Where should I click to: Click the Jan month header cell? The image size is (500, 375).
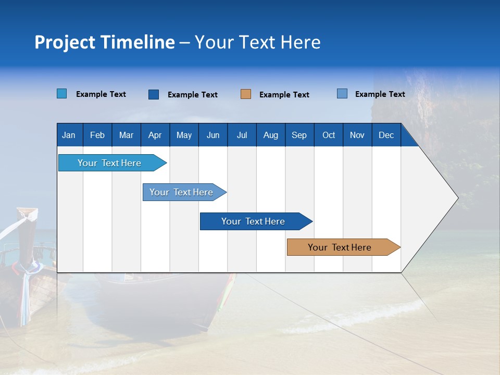pyautogui.click(x=69, y=135)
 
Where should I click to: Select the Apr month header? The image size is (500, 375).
pyautogui.click(x=155, y=135)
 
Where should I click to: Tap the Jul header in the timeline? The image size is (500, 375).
pyautogui.click(x=242, y=135)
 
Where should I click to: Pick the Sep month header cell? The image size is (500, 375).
pyautogui.click(x=299, y=135)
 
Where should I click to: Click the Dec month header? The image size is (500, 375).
pyautogui.click(x=386, y=135)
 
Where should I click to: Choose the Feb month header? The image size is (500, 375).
pyautogui.click(x=97, y=135)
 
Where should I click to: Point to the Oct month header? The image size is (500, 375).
pyautogui.click(x=329, y=135)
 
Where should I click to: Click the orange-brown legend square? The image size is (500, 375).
pyautogui.click(x=246, y=94)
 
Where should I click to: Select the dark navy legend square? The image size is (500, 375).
pyautogui.click(x=154, y=94)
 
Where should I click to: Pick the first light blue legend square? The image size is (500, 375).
pyautogui.click(x=62, y=94)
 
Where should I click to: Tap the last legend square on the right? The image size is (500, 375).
pyautogui.click(x=342, y=94)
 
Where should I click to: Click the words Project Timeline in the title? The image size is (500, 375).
pyautogui.click(x=105, y=42)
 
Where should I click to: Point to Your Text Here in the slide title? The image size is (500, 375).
pyautogui.click(x=258, y=42)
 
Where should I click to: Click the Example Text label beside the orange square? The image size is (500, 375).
pyautogui.click(x=284, y=95)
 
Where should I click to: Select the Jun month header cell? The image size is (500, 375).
pyautogui.click(x=213, y=135)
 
